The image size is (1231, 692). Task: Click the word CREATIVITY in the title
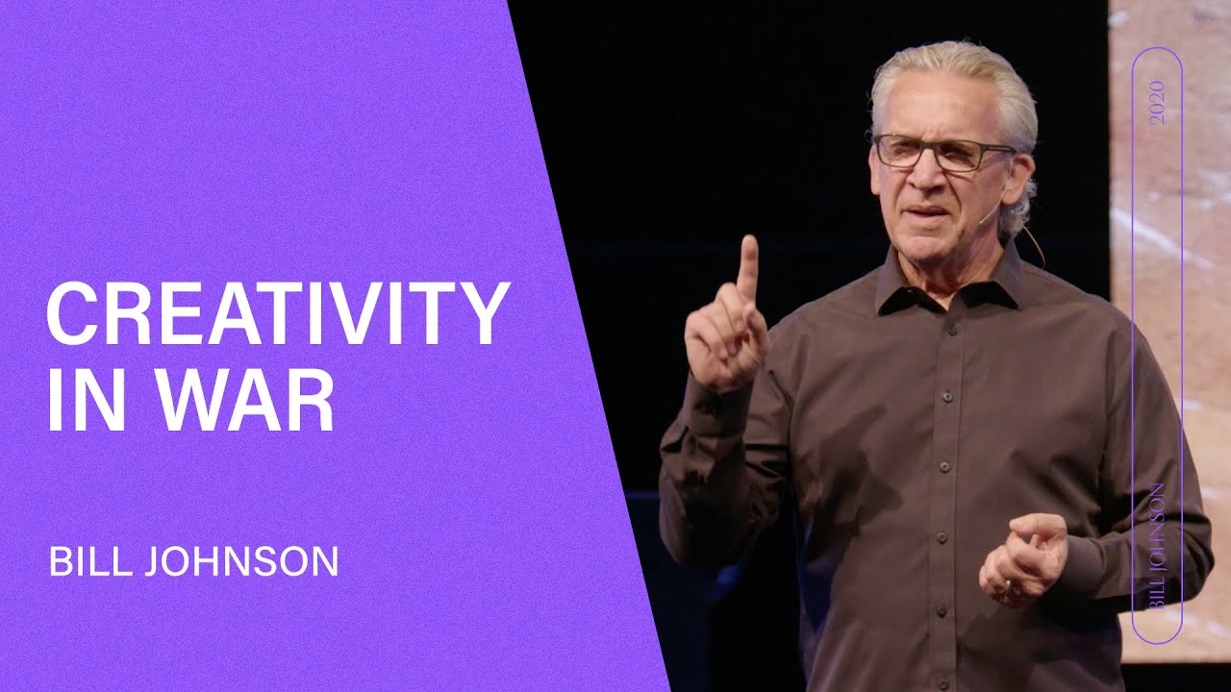tap(277, 314)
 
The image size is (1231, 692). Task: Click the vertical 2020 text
tap(1156, 102)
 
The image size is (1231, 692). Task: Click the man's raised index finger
tap(747, 264)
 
